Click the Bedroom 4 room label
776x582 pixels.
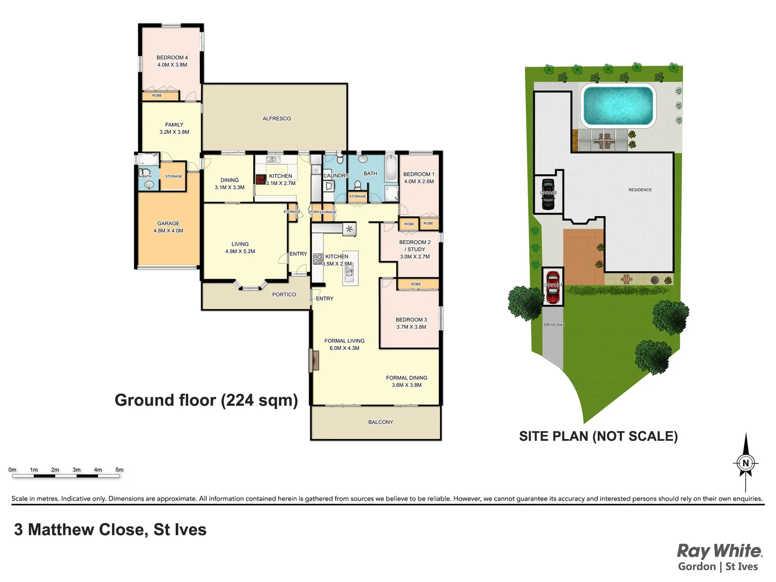pos(172,58)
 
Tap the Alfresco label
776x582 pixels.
pos(276,119)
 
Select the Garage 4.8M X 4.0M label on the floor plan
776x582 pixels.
pos(169,227)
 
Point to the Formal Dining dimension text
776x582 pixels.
pos(407,385)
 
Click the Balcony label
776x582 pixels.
pos(380,422)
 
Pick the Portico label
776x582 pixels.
pos(284,295)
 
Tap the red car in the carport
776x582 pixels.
pos(552,287)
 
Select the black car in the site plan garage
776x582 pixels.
pos(548,193)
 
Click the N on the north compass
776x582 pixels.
pos(746,463)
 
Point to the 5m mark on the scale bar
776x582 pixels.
pos(120,470)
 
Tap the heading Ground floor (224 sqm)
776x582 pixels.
pos(206,400)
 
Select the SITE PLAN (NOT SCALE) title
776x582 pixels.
pos(598,436)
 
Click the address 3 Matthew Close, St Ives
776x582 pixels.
pos(110,530)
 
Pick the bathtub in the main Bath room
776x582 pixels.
pos(391,168)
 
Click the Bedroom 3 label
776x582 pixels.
pos(411,320)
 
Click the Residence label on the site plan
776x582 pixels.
pos(640,190)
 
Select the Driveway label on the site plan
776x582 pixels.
pos(554,325)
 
